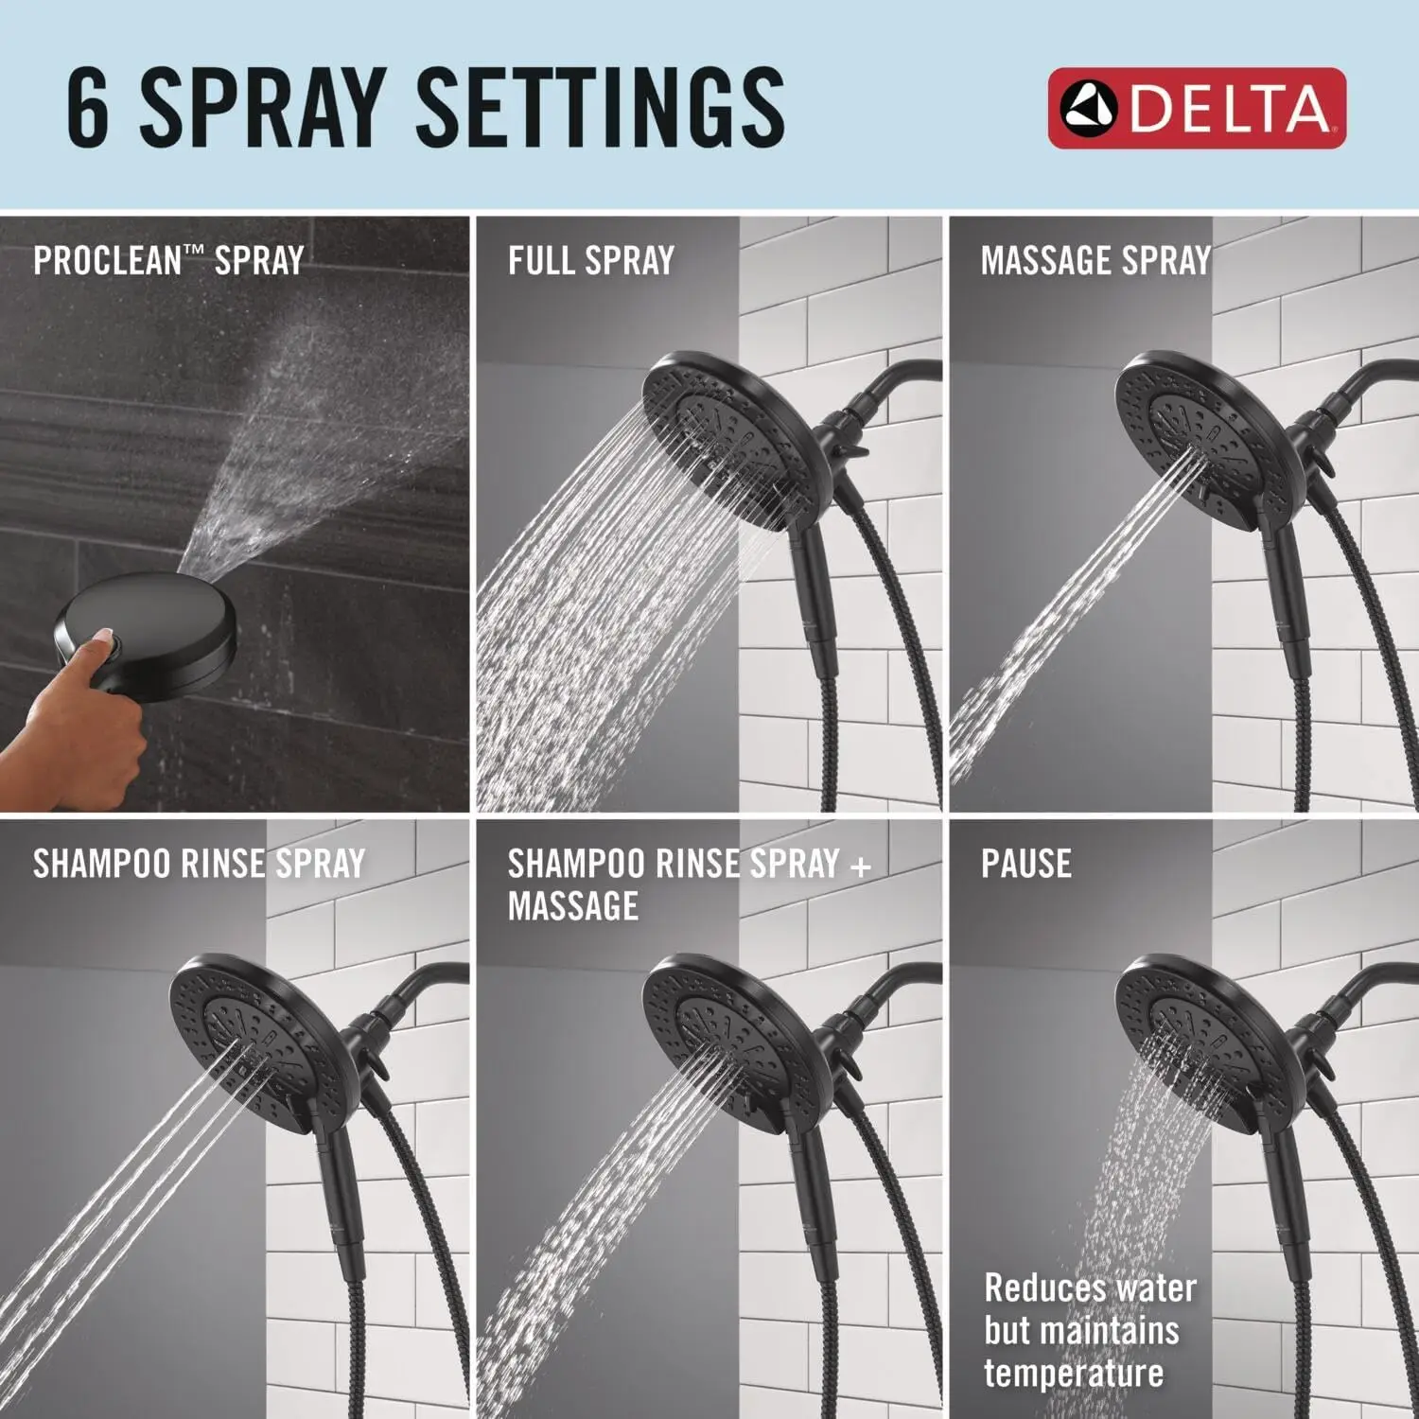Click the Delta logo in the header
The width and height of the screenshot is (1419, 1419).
(x=1197, y=108)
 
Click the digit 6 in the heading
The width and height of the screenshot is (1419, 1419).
(x=88, y=108)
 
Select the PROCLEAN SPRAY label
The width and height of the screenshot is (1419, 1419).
(x=168, y=260)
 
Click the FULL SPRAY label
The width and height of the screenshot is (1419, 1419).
(x=590, y=260)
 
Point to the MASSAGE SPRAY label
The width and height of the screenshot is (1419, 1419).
(x=1095, y=260)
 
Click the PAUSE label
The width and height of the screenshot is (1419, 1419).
(x=1025, y=863)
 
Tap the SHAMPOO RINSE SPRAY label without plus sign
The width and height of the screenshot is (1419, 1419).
(x=199, y=863)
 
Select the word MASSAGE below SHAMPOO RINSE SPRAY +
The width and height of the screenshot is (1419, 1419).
(x=573, y=906)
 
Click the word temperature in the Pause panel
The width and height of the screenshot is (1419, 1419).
(x=1073, y=1372)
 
